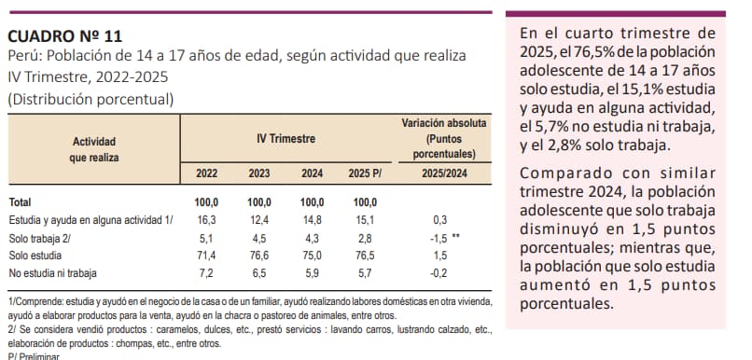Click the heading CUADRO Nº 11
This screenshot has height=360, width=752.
click(64, 36)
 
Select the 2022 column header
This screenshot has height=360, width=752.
click(206, 173)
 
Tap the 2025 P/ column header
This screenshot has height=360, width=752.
click(365, 173)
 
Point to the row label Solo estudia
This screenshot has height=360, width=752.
click(35, 256)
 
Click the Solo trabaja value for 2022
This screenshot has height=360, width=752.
click(206, 238)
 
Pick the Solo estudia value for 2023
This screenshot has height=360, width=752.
click(259, 256)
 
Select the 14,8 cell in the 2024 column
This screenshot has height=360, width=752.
click(312, 220)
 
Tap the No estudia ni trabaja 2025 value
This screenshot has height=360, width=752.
click(365, 273)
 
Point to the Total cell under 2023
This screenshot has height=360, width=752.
click(259, 202)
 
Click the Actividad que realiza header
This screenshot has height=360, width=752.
click(94, 149)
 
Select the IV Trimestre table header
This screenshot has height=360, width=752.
click(285, 139)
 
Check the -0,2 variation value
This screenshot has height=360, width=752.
click(439, 273)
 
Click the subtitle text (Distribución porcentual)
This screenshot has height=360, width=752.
click(91, 99)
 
